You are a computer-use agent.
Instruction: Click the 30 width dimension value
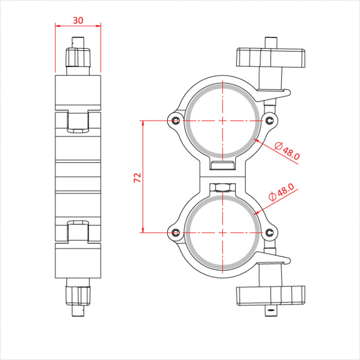78,21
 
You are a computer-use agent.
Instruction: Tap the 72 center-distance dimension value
137,178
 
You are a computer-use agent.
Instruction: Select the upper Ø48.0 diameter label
287,151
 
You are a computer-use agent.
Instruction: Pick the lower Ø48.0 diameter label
281,192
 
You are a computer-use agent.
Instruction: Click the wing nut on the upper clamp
271,58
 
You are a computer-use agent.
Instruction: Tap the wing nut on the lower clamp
271,296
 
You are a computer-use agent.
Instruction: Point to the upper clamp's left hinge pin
176,120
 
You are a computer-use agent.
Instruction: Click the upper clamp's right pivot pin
269,120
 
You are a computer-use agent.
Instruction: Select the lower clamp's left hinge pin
176,232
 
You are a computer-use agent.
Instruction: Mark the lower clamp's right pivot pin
269,232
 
